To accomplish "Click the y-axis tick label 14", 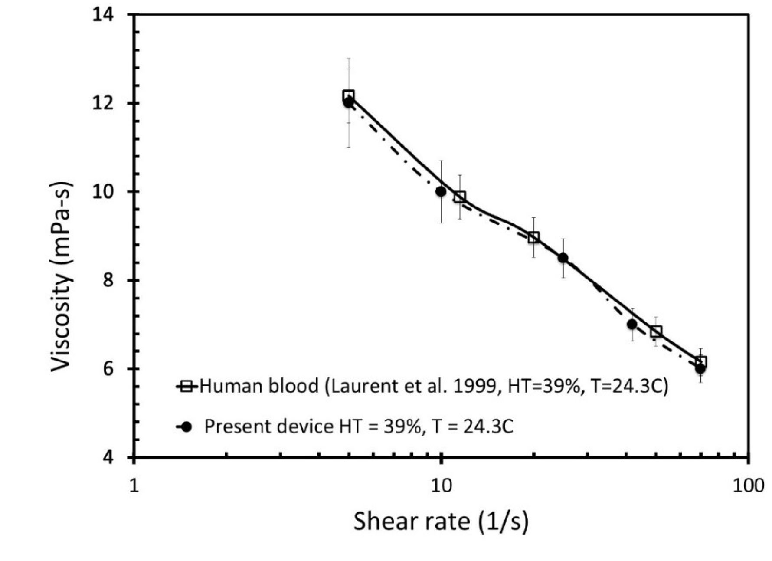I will (x=103, y=15).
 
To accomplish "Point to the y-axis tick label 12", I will (x=103, y=104).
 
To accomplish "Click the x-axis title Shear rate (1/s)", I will (x=441, y=521).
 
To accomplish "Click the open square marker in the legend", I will (x=187, y=386).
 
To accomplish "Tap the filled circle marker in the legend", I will (x=187, y=427).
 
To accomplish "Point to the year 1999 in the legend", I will (x=474, y=386).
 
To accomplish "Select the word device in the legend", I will (x=305, y=427).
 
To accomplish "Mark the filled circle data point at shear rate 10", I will (x=441, y=191).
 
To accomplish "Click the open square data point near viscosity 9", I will (x=534, y=237).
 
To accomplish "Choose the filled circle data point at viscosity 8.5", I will (x=563, y=258).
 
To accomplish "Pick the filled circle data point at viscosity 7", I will (x=632, y=324).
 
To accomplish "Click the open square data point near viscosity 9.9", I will (x=460, y=197).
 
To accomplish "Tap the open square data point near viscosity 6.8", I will (x=656, y=331).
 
